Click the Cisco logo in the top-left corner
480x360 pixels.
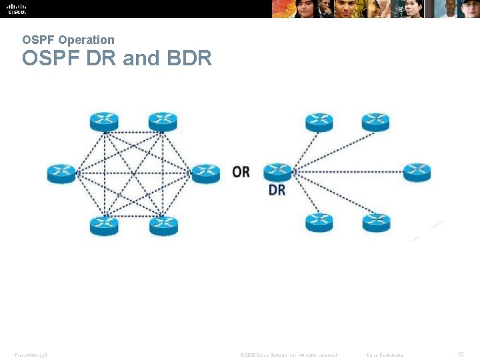point(17,9)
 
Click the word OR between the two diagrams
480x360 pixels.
point(241,172)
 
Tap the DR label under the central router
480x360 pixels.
point(277,190)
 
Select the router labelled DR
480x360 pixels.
point(277,173)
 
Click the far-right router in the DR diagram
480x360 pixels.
point(417,172)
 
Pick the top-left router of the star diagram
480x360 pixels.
point(319,123)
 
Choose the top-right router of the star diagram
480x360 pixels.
point(375,123)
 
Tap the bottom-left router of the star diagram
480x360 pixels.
point(319,222)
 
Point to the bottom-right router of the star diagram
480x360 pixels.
point(376,222)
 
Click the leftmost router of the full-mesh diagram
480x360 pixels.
point(61,173)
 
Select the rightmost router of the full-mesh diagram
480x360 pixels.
point(206,173)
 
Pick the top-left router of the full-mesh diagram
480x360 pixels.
point(104,122)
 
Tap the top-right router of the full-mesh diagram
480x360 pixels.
point(163,122)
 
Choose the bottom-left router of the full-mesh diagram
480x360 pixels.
point(104,226)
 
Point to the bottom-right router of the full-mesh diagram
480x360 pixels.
point(163,226)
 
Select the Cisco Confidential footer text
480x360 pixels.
point(390,355)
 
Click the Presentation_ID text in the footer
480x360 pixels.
point(31,355)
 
